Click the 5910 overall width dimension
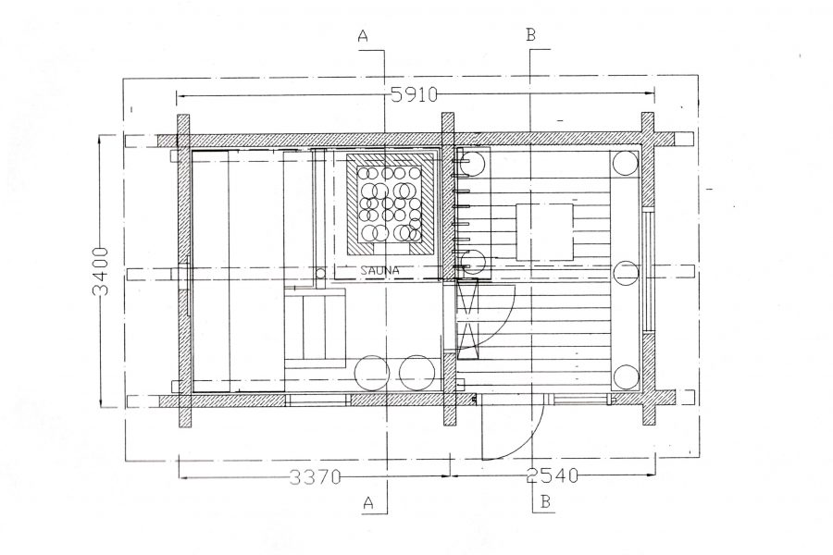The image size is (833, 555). coord(414,94)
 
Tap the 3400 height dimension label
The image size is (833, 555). coord(100,271)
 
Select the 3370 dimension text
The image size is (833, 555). coord(316,476)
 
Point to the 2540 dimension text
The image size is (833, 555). coord(552,475)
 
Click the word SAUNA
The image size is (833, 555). coord(379,270)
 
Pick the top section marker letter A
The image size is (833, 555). coord(363,35)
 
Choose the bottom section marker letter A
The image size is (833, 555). coord(368,502)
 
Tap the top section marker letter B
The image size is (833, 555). coord(530,35)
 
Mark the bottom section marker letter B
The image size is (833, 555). coord(545,502)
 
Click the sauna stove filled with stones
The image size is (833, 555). coord(390,203)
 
